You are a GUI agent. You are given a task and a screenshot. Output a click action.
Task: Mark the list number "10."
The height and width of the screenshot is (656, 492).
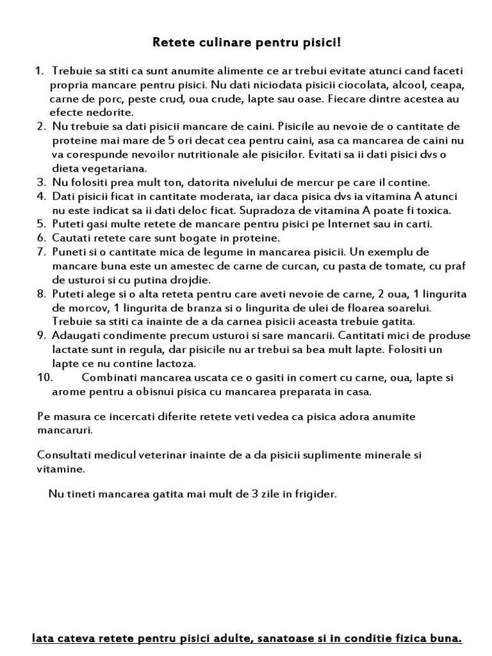click(x=47, y=377)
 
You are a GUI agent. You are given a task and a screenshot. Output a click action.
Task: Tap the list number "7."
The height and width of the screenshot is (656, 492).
click(x=42, y=252)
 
